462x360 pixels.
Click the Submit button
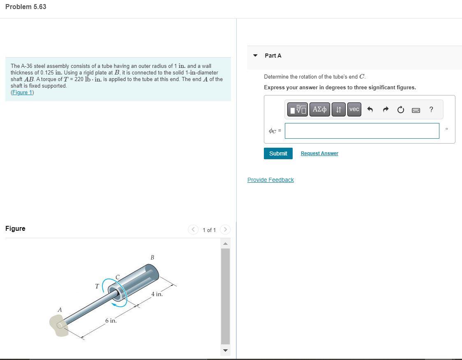point(278,153)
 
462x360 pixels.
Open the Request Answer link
point(319,153)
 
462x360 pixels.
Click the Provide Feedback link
point(270,180)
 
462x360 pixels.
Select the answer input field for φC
point(362,131)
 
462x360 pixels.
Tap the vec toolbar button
point(354,109)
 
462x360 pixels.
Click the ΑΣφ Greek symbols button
point(319,109)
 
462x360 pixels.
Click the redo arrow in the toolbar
point(385,109)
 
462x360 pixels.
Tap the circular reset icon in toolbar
point(400,109)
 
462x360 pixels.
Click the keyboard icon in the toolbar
point(416,110)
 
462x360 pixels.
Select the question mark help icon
point(431,109)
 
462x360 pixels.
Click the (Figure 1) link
point(22,93)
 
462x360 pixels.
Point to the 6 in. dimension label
point(111,321)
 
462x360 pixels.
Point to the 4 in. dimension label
point(157,294)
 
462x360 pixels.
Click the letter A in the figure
point(60,310)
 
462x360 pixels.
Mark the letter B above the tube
point(152,258)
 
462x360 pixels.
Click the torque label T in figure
point(97,286)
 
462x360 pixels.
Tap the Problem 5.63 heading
point(25,7)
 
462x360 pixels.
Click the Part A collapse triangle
point(255,56)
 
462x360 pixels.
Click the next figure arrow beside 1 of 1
point(225,230)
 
